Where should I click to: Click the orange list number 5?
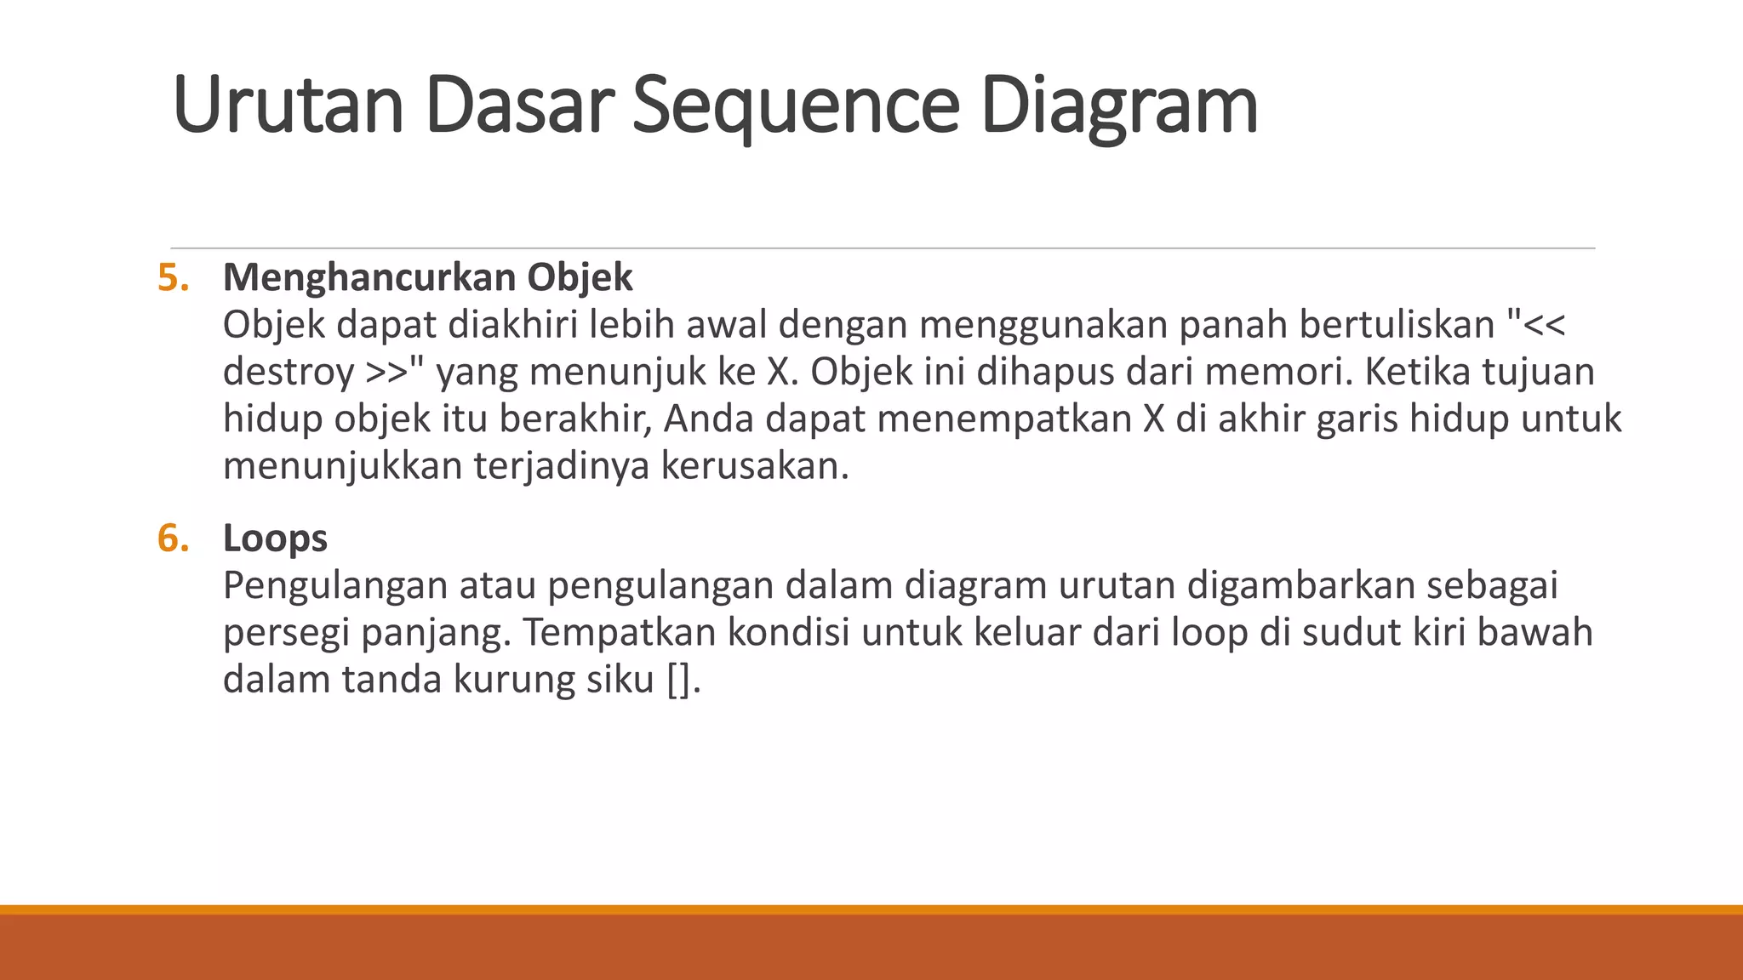173,278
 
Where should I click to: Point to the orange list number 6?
173,538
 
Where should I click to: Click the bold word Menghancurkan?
369,278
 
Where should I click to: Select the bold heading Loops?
275,538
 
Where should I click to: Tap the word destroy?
288,373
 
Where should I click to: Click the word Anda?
709,419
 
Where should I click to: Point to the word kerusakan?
754,466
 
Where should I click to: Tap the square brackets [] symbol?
678,681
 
